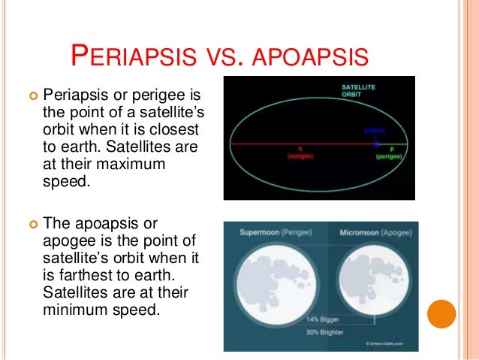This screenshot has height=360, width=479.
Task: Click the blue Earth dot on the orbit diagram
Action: click(x=377, y=143)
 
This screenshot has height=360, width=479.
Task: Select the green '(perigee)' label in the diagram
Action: click(x=391, y=156)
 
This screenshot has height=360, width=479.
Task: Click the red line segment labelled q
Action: click(x=300, y=143)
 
